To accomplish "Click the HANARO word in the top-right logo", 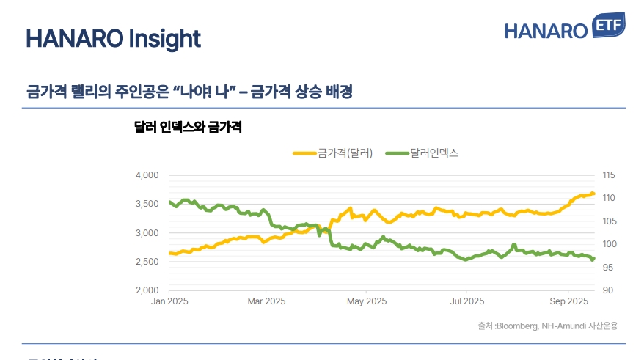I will tap(546, 32).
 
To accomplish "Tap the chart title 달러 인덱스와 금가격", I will tap(188, 127).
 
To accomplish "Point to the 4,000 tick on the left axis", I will tap(147, 175).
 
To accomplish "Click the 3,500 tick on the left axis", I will tap(147, 204).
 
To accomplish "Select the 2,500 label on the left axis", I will tap(147, 262).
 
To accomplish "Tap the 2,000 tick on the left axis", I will tap(147, 290).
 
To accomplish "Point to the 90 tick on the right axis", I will tap(607, 290).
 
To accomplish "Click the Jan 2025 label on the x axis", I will tap(169, 301).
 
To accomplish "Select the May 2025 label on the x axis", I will tap(366, 301).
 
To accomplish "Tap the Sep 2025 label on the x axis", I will tap(568, 301).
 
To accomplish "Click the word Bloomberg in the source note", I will tap(517, 326).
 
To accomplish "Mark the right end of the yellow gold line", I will tap(593, 194).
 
